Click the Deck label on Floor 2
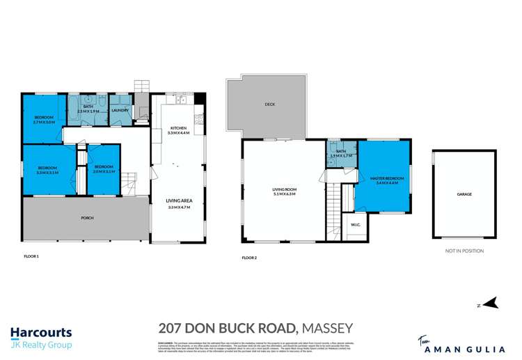pos(269,104)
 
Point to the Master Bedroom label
pos(383,180)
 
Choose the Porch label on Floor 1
pos(87,218)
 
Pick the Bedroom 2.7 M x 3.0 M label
pos(43,119)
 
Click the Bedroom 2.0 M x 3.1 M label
pos(104,169)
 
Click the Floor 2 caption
pos(248,258)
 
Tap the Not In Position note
pos(464,251)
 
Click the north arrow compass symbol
pos(491,304)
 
